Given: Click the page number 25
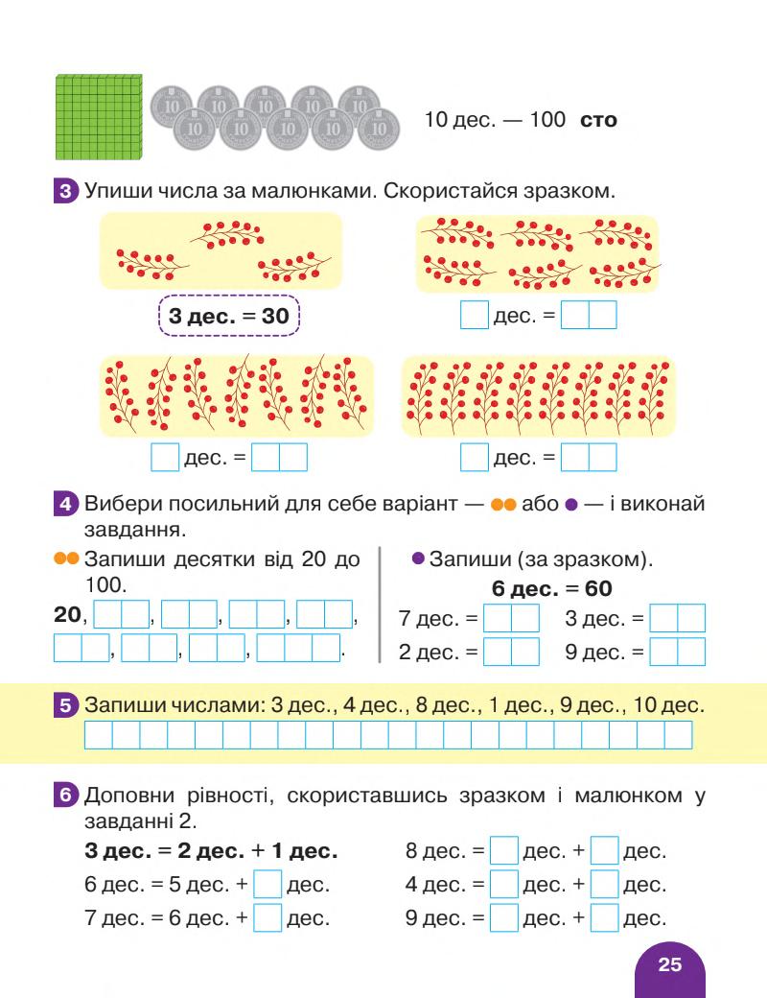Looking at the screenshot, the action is [670, 964].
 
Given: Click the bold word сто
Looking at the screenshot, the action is [599, 121].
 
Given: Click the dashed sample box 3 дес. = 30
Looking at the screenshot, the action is [229, 316].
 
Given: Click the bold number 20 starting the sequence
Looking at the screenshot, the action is [67, 616].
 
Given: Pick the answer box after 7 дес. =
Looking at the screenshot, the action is [511, 618].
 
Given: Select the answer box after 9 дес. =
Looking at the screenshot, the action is [677, 652].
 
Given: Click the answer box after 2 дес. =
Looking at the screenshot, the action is [511, 652].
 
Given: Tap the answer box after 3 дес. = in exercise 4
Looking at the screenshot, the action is [677, 618].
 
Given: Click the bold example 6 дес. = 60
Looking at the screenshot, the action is [551, 587].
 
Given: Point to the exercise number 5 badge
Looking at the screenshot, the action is [66, 706].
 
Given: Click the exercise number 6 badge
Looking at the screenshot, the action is [66, 796].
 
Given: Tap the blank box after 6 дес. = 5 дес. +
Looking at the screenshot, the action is [268, 884].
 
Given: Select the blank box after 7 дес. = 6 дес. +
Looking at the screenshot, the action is [268, 918].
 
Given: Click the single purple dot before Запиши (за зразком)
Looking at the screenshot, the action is [418, 558].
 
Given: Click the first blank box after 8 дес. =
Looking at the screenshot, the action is [504, 850].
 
